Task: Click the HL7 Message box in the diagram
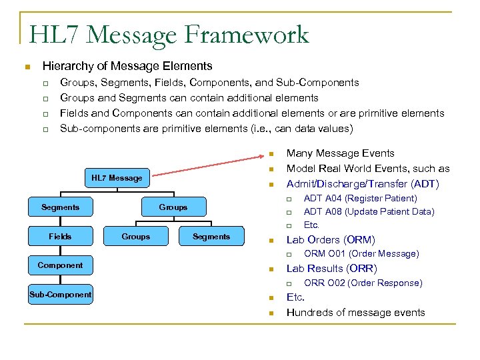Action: click(117, 178)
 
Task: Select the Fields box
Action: click(60, 237)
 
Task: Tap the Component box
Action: click(60, 265)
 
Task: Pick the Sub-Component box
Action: click(60, 295)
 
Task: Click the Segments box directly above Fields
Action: click(60, 207)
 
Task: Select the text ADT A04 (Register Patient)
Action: click(360, 198)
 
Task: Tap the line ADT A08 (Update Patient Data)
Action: click(369, 211)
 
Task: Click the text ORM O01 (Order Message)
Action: click(361, 253)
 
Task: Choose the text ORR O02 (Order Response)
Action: click(363, 283)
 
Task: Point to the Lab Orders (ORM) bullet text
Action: click(331, 239)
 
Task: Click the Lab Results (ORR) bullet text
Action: click(331, 269)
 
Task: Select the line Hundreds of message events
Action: click(355, 313)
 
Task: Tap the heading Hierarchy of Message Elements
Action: click(127, 66)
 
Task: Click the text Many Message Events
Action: click(340, 153)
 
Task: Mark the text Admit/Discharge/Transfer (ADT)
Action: click(363, 183)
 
